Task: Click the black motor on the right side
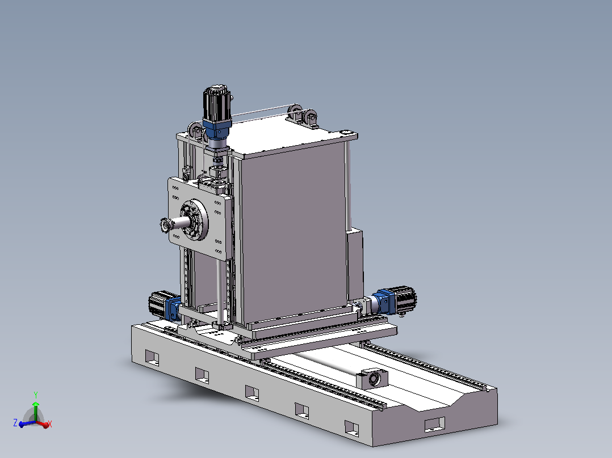[x=405, y=299]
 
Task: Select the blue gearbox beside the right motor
[x=384, y=302]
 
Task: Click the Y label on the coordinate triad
[x=36, y=395]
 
